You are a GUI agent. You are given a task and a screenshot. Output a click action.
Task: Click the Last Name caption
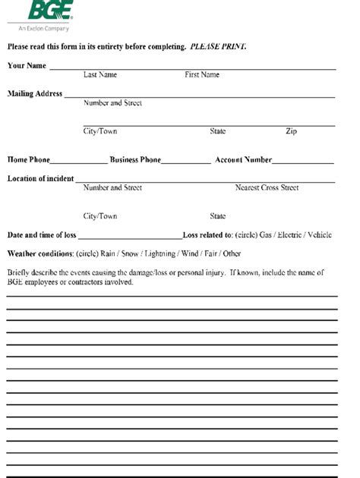[x=100, y=75]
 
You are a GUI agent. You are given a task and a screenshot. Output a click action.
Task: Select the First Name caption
[x=202, y=75]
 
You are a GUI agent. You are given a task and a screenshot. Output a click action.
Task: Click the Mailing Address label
[x=35, y=94]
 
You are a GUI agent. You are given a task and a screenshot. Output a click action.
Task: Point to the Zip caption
[x=291, y=131]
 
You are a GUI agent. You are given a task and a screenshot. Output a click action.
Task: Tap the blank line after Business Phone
[x=186, y=162]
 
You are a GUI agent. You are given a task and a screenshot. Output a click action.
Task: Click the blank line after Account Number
[x=303, y=162]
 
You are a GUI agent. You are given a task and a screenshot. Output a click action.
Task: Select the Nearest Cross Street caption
[x=267, y=187]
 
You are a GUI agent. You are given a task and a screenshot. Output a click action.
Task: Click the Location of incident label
[x=40, y=179]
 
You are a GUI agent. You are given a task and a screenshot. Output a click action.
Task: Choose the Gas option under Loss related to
[x=266, y=235]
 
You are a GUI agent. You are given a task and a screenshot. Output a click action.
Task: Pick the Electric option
[x=291, y=235]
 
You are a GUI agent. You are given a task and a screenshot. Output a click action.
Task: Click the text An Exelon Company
[x=48, y=29]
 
